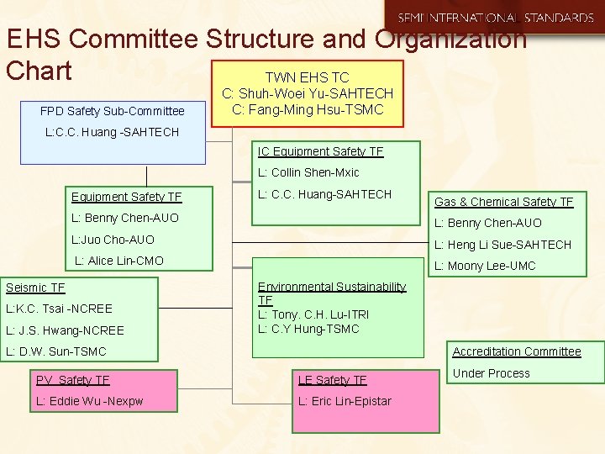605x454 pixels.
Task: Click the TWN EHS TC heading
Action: point(307,77)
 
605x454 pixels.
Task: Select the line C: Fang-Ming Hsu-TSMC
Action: point(307,109)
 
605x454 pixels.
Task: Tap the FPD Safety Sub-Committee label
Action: point(113,111)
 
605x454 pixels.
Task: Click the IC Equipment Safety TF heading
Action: point(320,151)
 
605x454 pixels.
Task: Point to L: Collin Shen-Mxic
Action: point(308,172)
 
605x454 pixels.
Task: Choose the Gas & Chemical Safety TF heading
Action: point(503,202)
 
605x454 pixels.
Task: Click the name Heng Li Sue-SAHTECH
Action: point(502,245)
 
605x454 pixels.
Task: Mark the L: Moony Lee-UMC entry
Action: point(484,266)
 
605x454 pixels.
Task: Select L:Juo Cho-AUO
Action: point(113,240)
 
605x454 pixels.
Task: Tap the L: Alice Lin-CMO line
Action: point(119,261)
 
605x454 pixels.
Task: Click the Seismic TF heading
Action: point(35,288)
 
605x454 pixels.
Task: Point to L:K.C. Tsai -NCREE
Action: point(59,309)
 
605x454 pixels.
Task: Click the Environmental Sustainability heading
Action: point(332,287)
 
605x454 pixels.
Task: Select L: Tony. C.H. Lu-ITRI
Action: point(313,314)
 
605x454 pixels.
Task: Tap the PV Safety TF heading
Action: point(73,380)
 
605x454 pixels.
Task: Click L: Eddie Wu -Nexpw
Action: point(89,401)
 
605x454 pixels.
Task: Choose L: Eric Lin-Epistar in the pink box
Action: point(345,401)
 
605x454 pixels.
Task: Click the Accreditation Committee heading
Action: point(517,351)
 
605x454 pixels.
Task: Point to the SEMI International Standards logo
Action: point(496,18)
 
